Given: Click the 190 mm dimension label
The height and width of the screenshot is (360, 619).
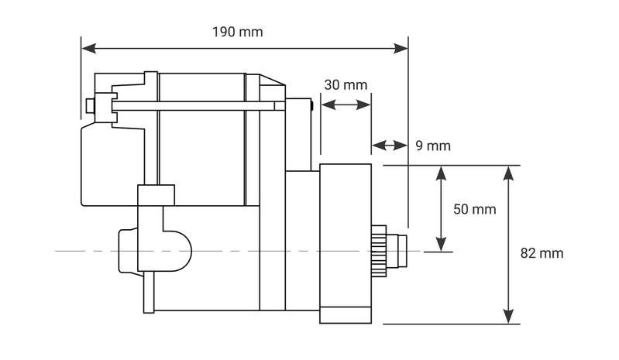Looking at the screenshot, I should [x=237, y=32].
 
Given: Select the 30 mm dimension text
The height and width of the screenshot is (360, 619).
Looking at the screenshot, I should [x=346, y=85].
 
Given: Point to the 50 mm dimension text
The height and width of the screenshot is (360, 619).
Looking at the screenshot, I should [x=473, y=209].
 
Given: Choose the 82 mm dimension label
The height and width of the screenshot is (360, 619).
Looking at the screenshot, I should [x=542, y=253].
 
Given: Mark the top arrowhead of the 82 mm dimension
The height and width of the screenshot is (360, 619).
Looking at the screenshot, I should [x=508, y=173].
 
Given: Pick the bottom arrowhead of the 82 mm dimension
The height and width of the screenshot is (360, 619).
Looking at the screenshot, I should [x=508, y=317].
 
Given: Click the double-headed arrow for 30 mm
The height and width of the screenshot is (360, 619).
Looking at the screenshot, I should [x=346, y=105].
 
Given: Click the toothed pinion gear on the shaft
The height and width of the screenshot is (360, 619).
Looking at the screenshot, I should [x=378, y=251].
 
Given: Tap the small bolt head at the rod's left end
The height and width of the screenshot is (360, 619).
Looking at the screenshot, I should [x=91, y=105].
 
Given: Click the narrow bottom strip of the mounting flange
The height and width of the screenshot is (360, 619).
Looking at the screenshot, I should [x=346, y=315].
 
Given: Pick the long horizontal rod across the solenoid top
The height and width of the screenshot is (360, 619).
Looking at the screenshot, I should [x=194, y=105].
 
